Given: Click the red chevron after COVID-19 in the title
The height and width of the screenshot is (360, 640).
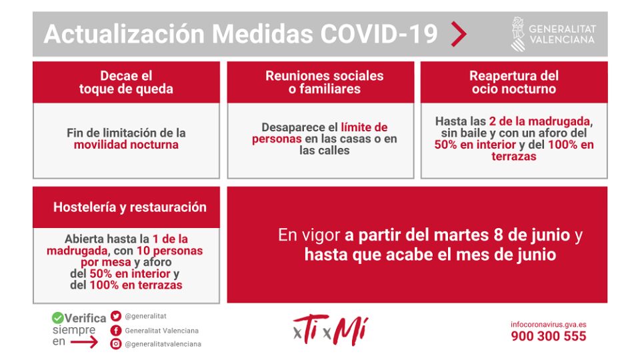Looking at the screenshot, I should pos(459,33).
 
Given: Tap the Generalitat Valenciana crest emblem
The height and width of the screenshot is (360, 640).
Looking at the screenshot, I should pos(518,34).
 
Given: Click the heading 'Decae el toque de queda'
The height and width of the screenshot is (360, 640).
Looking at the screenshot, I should pos(126,82).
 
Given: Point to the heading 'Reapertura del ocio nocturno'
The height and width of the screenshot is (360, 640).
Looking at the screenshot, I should pos(513,82).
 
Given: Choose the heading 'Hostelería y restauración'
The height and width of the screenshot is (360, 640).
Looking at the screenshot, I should pos(130,207).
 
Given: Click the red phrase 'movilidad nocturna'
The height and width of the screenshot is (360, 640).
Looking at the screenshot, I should pos(126,145).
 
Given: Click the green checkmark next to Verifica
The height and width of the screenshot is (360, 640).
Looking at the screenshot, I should pos(58,318).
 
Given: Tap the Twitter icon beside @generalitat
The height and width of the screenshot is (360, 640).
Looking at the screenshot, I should pos(116,317).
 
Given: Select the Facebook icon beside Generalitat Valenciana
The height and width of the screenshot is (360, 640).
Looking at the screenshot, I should pos(116,330).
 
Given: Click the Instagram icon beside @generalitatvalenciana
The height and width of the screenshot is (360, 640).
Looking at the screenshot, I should pos(116,344).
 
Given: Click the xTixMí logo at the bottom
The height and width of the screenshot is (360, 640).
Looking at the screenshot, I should pos(331,330).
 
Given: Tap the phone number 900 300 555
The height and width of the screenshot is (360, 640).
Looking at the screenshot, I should pos(549,336).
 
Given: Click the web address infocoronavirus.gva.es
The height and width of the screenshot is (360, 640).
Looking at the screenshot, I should pos(549,325).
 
